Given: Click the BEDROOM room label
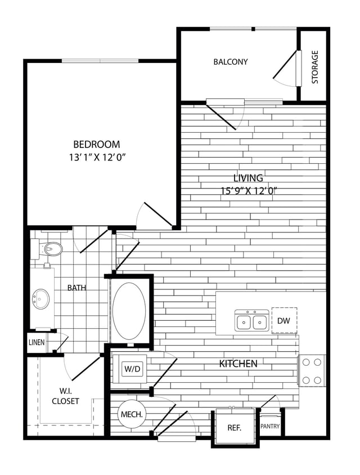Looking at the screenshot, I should point(97,144).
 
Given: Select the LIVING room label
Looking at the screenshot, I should point(247,178).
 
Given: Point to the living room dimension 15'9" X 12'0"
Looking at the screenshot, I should point(249,191).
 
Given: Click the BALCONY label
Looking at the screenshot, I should point(231,62).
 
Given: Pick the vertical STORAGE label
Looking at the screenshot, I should point(315,67).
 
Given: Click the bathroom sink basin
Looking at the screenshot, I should point(40,296).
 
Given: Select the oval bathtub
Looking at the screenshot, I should point(129,311).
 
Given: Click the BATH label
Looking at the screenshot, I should point(77,288).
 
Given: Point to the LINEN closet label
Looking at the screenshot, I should point(37,342).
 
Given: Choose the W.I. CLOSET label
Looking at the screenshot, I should point(65,396).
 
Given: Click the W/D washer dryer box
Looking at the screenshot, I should point(133,369).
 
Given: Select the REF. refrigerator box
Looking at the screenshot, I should point(234,428).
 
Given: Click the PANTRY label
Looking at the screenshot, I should point(270,427).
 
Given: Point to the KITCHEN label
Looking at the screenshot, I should point(238,364).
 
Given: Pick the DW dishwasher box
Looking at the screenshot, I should point(283,320).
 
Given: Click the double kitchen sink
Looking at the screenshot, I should point(251,321).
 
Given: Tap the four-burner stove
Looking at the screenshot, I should point(313,370).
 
